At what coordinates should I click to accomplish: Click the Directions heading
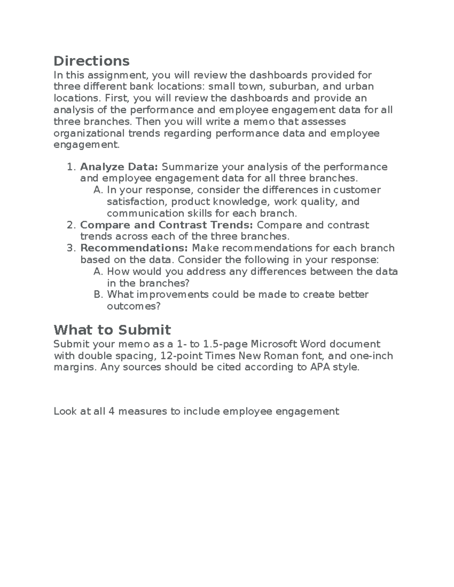(92, 61)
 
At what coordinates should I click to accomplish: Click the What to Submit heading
(112, 330)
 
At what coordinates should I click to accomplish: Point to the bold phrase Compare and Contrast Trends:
(166, 225)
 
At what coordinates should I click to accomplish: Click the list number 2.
(71, 225)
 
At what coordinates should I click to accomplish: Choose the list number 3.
(71, 248)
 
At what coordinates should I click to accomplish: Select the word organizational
(89, 133)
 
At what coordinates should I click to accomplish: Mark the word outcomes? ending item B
(134, 306)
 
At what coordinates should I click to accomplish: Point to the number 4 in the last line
(111, 411)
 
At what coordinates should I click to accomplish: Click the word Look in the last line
(65, 411)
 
